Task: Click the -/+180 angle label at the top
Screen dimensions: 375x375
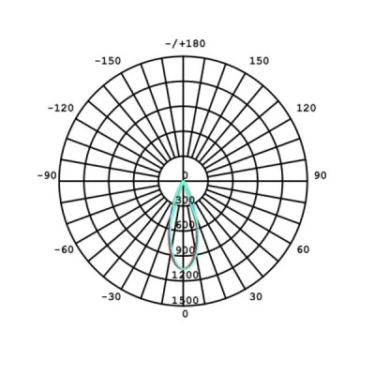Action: pos(186,43)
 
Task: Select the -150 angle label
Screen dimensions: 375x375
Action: pos(108,61)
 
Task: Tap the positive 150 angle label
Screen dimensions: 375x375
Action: pos(259,61)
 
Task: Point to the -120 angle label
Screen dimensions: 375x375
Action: pos(61,108)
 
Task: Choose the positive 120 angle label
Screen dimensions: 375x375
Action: pos(307,108)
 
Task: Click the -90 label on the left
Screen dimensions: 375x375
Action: pos(47,175)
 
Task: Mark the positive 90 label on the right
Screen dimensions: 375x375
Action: pos(321,175)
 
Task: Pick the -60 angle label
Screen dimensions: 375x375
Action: pos(64,249)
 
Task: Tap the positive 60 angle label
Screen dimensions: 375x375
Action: pos(303,249)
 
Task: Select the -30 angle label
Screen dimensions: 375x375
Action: pos(112,297)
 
